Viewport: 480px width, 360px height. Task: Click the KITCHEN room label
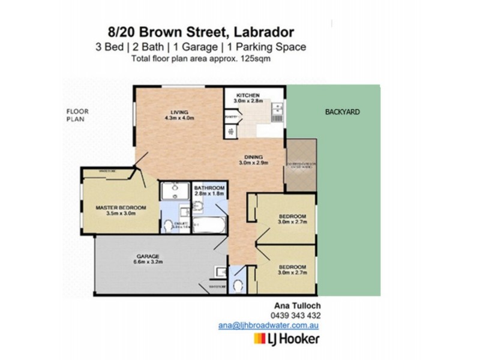pos(247,95)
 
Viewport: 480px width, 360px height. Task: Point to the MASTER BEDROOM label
pos(117,208)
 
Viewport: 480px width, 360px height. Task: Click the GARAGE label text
pos(147,256)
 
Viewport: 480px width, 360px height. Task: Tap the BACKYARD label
pos(342,112)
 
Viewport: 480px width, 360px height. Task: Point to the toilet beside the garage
pos(239,284)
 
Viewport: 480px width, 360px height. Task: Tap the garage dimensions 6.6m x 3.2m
pos(147,262)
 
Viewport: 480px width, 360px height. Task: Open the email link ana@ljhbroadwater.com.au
pos(268,325)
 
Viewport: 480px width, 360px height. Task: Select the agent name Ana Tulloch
pos(293,305)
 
